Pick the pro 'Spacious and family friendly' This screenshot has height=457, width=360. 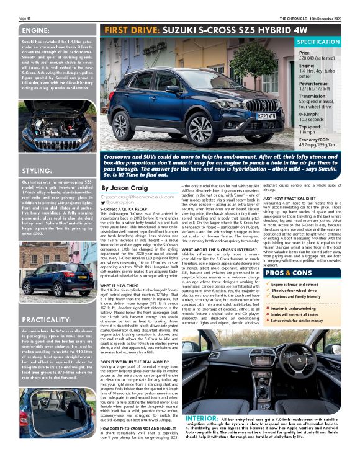(x=313, y=297)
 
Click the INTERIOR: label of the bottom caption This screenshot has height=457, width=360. (x=200, y=419)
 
